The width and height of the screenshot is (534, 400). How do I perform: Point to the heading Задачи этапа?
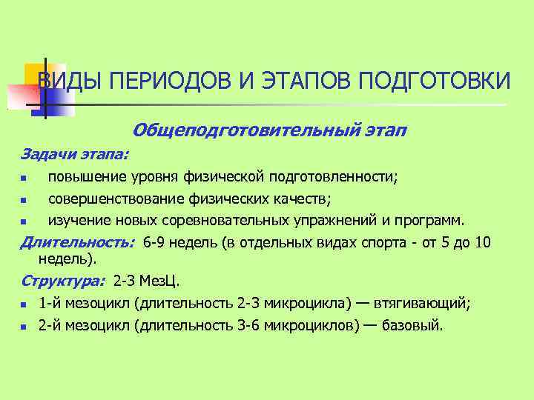tap(74, 155)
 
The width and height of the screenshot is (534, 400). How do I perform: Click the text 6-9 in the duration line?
tap(156, 242)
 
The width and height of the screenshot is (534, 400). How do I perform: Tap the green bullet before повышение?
tap(24, 179)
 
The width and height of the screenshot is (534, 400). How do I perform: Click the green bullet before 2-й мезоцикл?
tap(24, 325)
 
